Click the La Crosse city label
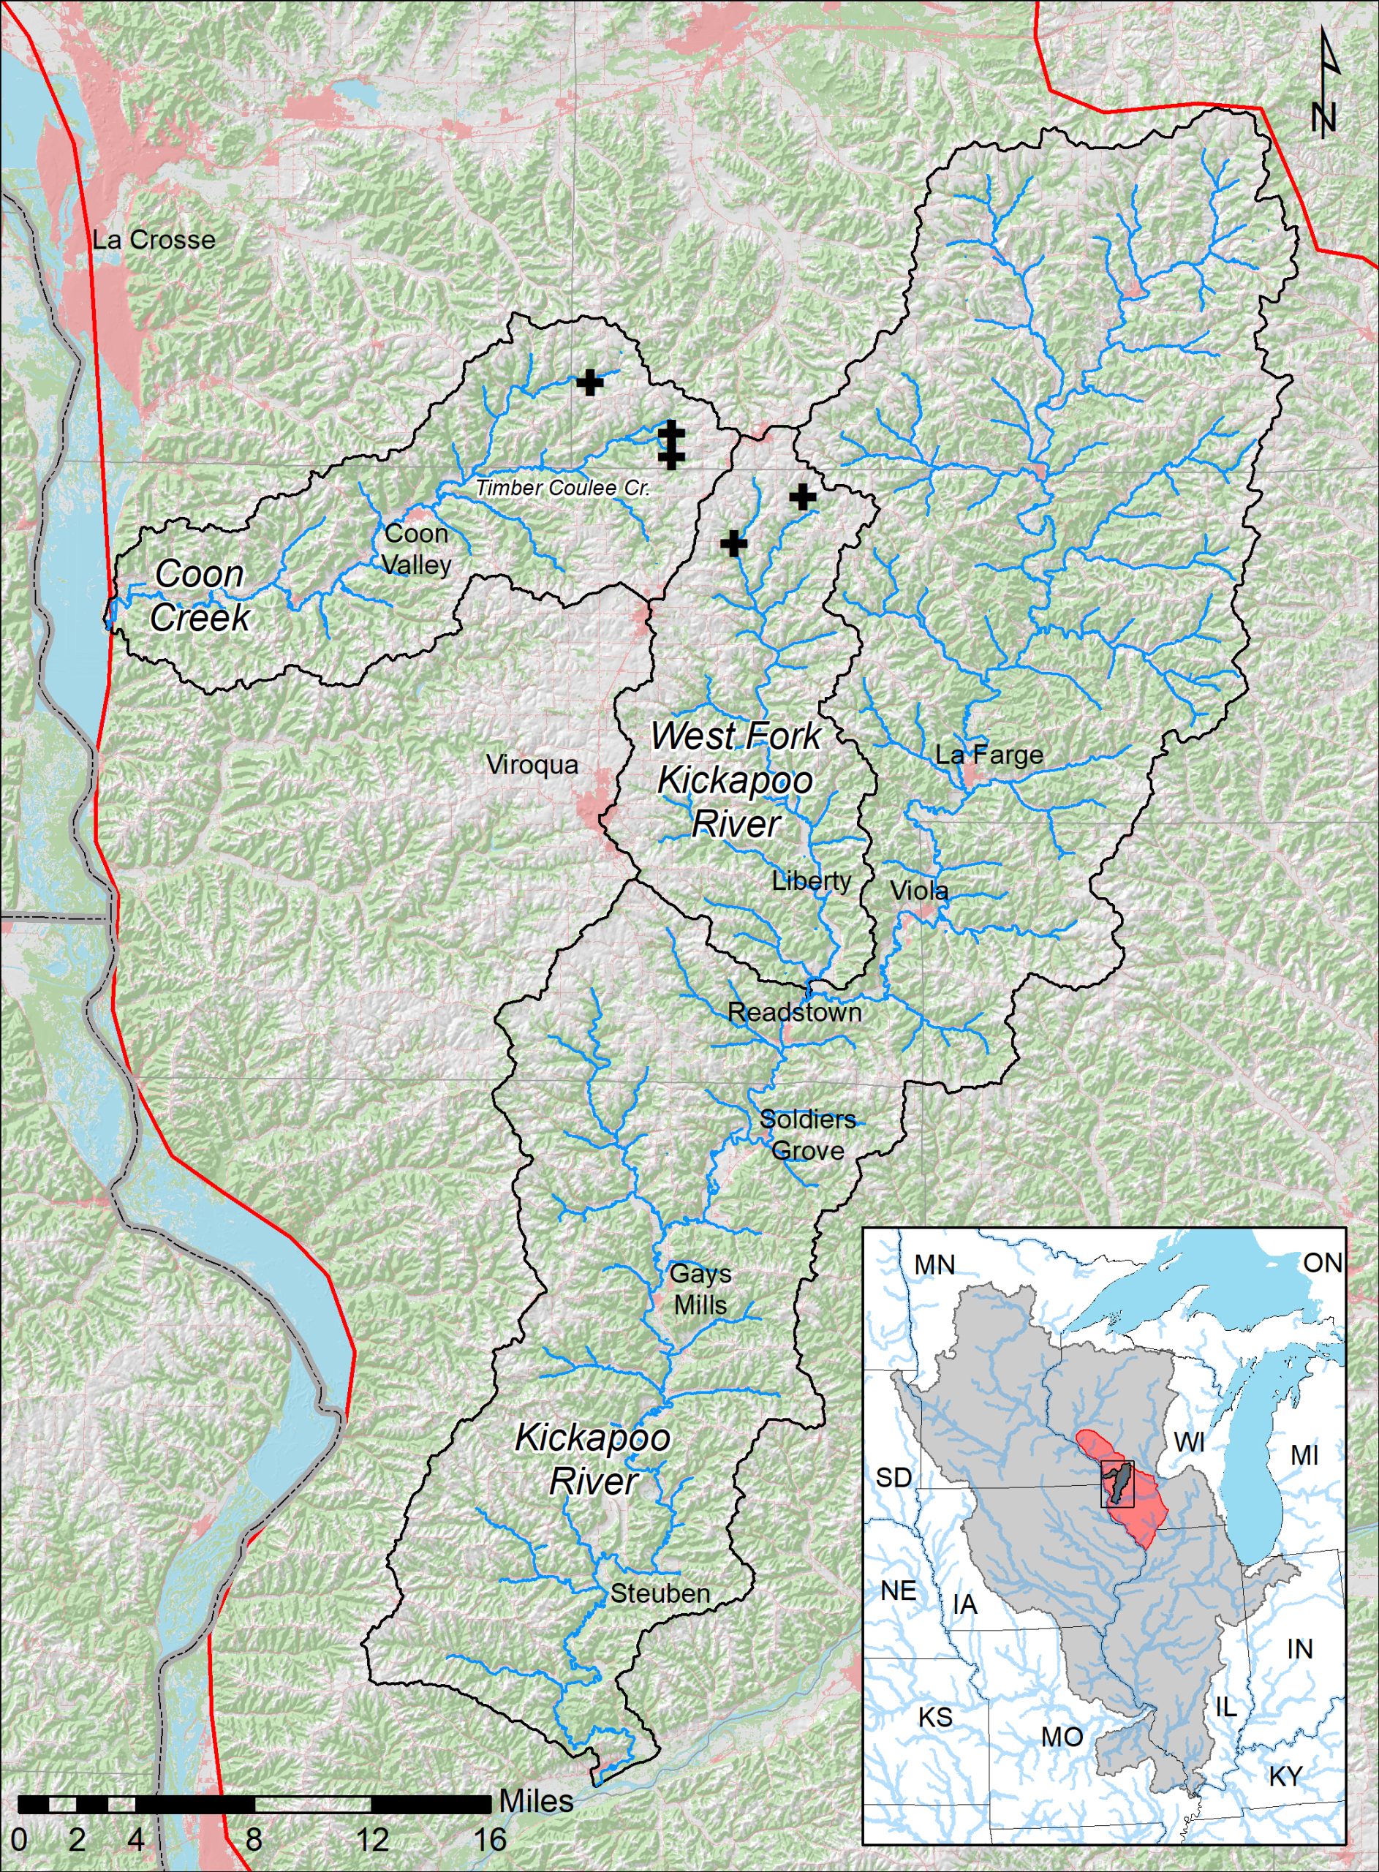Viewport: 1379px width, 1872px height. click(x=154, y=241)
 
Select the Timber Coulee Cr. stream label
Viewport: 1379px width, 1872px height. click(x=562, y=489)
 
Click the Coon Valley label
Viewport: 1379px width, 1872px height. click(x=417, y=549)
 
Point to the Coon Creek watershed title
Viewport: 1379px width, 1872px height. click(x=200, y=596)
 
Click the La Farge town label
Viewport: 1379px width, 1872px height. click(x=989, y=755)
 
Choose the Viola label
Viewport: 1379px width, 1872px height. click(x=919, y=891)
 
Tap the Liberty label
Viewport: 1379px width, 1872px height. click(x=812, y=880)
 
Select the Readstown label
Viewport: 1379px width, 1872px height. click(x=794, y=1012)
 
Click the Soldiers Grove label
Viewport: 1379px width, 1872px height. click(x=807, y=1135)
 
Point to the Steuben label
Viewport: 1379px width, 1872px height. click(x=660, y=1593)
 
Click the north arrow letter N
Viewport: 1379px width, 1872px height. click(x=1324, y=117)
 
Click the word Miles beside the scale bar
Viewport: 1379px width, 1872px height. click(x=536, y=1800)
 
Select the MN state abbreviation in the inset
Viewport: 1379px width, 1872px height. click(x=934, y=1264)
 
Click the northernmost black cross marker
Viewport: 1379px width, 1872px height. click(x=589, y=382)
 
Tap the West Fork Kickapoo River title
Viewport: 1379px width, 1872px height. click(x=736, y=780)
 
